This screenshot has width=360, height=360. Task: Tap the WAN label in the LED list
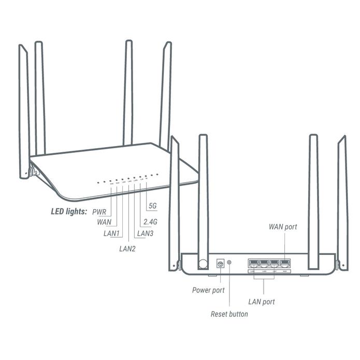point(104,222)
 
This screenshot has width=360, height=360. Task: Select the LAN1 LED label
point(111,234)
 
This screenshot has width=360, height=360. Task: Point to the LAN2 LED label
point(127,249)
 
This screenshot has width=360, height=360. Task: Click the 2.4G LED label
point(149,222)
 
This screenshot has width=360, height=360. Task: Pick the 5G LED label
point(152,206)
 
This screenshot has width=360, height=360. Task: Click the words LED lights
point(69,211)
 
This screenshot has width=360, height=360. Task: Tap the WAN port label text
point(283,226)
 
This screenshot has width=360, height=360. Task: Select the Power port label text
point(208,290)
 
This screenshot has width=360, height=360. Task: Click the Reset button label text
point(229,314)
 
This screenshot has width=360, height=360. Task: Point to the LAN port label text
point(261,301)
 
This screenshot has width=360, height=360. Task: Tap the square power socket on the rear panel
point(220,264)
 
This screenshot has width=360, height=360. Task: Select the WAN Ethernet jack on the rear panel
point(284,262)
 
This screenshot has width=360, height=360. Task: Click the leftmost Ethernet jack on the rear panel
point(253,262)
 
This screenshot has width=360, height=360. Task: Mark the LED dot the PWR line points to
point(111,181)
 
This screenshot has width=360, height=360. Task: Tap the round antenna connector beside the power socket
point(204,263)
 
